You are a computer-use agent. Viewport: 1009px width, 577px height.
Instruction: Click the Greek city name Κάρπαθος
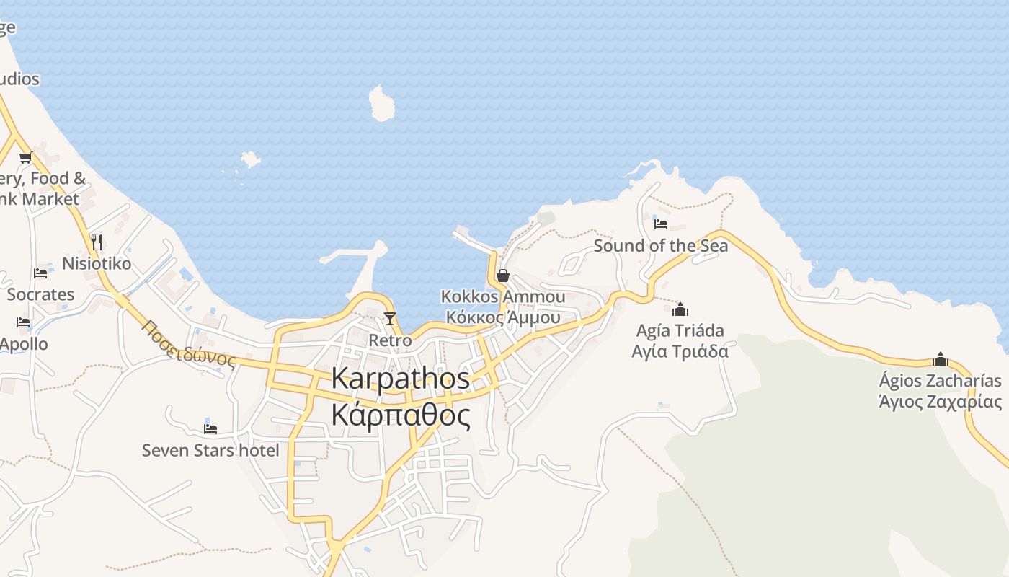click(x=401, y=416)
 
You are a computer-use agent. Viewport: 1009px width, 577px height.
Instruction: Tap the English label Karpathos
click(x=401, y=379)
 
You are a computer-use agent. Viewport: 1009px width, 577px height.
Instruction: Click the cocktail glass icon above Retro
click(x=390, y=318)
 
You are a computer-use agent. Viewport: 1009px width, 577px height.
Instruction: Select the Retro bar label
click(x=390, y=340)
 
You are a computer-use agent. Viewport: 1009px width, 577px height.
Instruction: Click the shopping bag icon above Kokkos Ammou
click(x=503, y=276)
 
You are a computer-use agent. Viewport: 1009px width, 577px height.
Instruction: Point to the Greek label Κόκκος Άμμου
click(x=503, y=317)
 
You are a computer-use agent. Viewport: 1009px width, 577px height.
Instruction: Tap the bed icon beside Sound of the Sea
click(x=661, y=224)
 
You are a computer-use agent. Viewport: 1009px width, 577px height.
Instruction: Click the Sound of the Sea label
click(x=661, y=246)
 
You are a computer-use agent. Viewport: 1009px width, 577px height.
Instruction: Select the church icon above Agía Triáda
click(x=680, y=310)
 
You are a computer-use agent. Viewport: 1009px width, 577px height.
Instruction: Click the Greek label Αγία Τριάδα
click(x=680, y=351)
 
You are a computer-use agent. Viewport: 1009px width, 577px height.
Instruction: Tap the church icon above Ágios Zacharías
click(x=941, y=359)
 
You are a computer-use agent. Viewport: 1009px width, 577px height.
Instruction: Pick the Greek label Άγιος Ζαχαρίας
click(x=941, y=402)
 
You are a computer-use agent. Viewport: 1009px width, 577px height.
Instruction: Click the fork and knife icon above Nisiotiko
click(x=97, y=242)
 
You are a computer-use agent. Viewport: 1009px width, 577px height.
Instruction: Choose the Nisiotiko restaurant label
click(x=97, y=264)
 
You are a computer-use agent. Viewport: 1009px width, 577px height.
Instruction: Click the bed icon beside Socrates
click(x=40, y=273)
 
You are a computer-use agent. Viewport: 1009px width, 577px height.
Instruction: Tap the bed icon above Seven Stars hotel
click(x=210, y=428)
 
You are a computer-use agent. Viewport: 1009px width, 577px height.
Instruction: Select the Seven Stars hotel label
click(x=210, y=451)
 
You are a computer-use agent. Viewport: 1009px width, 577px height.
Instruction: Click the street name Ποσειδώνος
click(x=189, y=343)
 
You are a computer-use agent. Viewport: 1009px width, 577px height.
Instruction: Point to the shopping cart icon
click(x=26, y=158)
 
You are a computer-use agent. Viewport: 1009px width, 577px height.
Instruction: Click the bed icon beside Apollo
click(x=24, y=322)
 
